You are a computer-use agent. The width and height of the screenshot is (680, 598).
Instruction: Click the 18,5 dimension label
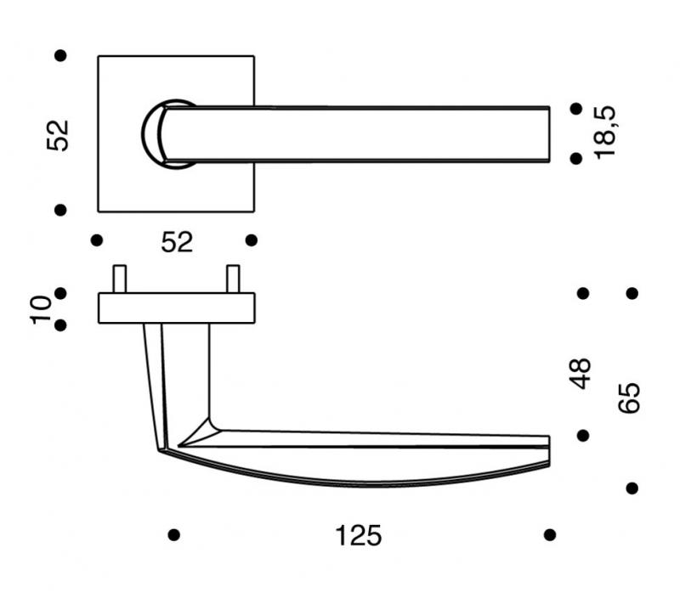605,133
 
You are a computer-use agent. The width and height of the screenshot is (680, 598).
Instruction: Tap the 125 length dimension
358,536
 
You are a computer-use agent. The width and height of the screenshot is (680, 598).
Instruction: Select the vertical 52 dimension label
58,135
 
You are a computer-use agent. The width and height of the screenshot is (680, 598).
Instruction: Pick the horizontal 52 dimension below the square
177,242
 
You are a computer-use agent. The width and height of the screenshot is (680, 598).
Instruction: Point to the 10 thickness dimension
41,309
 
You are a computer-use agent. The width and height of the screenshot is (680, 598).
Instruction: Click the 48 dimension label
580,373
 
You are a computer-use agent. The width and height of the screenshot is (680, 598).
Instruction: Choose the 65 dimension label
629,398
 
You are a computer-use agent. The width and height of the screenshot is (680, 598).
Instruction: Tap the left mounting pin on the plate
120,279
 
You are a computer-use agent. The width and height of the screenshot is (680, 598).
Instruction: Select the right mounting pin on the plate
233,279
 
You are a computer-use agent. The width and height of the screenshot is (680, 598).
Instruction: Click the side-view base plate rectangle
177,308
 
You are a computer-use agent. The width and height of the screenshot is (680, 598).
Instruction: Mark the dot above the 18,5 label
576,109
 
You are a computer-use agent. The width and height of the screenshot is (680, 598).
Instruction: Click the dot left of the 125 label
174,535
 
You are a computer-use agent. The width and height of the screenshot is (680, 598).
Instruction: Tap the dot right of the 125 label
550,535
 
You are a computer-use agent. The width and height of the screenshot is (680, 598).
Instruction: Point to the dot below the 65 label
632,488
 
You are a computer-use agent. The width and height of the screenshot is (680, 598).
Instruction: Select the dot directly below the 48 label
583,436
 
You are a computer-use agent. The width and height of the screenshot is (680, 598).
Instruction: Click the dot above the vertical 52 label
60,55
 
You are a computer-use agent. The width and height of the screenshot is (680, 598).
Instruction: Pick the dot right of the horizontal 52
252,240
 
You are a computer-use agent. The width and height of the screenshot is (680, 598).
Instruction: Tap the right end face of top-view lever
549,134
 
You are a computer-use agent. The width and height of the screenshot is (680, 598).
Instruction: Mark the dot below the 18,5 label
576,159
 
